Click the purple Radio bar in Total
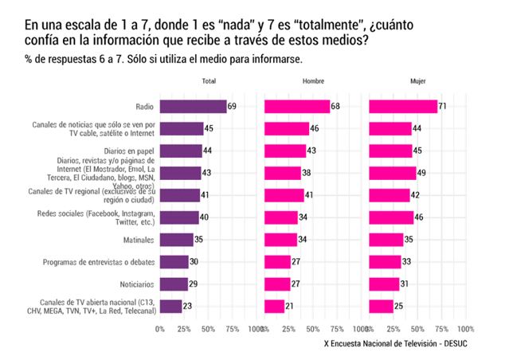point(194,106)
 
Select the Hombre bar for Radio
point(297,106)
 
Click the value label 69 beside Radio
point(233,106)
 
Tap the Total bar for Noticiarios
point(174,284)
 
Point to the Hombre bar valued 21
point(275,306)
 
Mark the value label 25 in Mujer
point(399,306)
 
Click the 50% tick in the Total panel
point(209,328)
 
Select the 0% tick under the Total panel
point(160,328)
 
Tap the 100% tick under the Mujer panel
point(466,328)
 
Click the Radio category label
point(145,106)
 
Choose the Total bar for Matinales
point(177,240)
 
